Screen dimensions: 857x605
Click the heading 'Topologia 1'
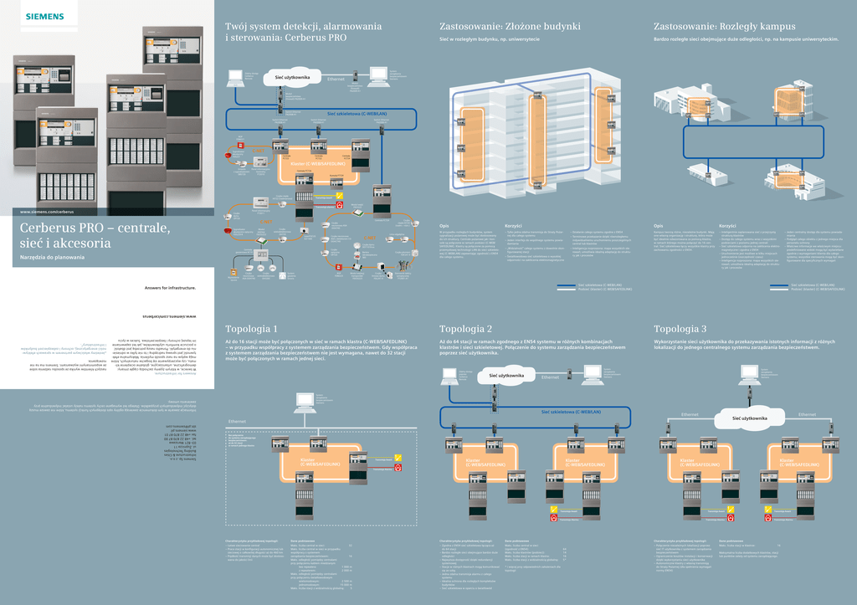(x=252, y=328)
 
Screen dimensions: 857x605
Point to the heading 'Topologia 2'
(x=466, y=328)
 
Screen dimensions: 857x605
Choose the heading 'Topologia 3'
(x=680, y=328)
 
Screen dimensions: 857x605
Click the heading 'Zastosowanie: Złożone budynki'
(x=510, y=27)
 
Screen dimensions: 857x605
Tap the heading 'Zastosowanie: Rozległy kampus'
(x=725, y=27)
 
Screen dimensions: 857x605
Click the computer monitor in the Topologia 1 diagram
(x=302, y=401)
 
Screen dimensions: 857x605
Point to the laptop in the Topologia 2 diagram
(x=449, y=377)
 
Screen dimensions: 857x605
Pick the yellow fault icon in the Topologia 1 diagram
(x=398, y=457)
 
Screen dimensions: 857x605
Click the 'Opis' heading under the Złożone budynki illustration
(x=445, y=225)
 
